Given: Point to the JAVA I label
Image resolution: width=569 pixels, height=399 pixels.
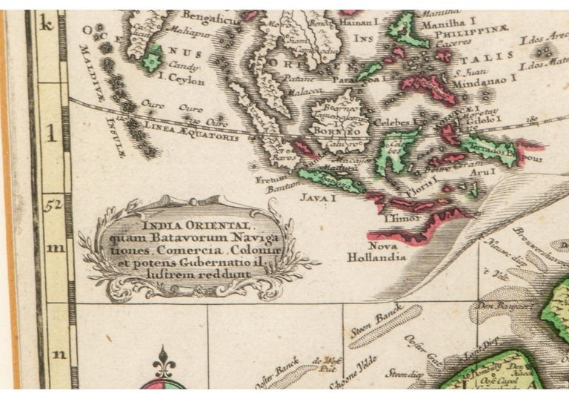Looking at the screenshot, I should point(319,198).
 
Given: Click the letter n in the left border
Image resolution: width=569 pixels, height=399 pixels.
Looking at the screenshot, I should point(57,354).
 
